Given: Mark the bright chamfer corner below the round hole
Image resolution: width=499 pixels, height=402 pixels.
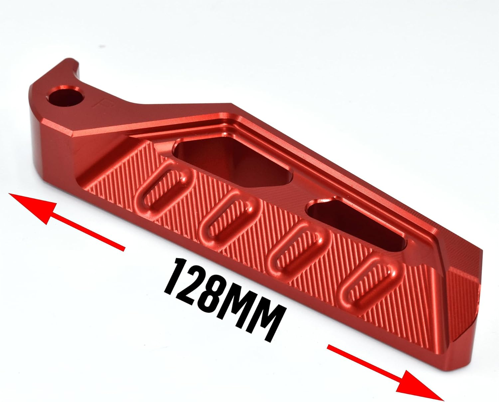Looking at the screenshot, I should [x=72, y=133].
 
